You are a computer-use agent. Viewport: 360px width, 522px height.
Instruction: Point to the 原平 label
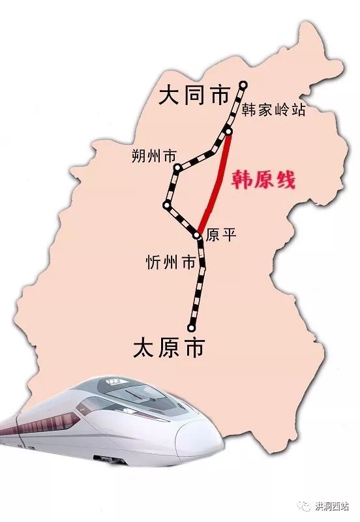tap(220, 236)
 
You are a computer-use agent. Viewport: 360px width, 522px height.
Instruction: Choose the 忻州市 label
tap(170, 263)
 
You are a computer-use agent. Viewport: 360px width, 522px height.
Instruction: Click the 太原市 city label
tap(168, 346)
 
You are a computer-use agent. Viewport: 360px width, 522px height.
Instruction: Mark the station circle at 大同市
tap(243, 84)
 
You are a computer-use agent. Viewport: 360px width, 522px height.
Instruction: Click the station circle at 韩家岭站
tap(228, 132)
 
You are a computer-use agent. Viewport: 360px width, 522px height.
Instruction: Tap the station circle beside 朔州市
tap(177, 168)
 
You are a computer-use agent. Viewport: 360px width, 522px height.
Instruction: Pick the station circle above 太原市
tap(191, 328)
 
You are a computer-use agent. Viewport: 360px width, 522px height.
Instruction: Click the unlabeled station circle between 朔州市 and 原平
tap(167, 206)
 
